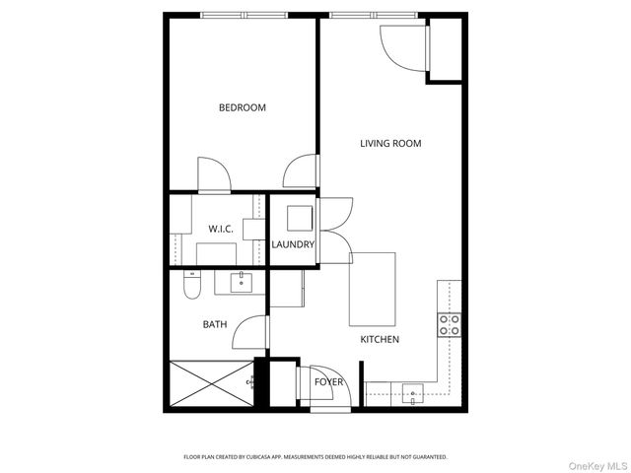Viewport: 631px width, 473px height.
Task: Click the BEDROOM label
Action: click(243, 107)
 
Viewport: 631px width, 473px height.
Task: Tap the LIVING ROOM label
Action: click(390, 143)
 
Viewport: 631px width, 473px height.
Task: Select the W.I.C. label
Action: click(220, 229)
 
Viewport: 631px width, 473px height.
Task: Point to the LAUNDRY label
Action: click(293, 244)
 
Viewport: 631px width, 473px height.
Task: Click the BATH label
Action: click(215, 323)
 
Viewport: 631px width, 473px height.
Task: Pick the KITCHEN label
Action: click(380, 339)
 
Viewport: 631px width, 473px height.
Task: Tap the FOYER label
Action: click(328, 381)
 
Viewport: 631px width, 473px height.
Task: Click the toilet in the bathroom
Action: click(192, 285)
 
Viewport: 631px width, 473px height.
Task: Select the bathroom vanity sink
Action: click(242, 284)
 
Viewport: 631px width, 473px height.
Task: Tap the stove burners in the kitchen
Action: click(450, 324)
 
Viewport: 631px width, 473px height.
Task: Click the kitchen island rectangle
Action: click(373, 290)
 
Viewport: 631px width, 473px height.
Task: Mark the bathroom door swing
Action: click(249, 332)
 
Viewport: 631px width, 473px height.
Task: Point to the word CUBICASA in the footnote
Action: click(254, 457)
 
